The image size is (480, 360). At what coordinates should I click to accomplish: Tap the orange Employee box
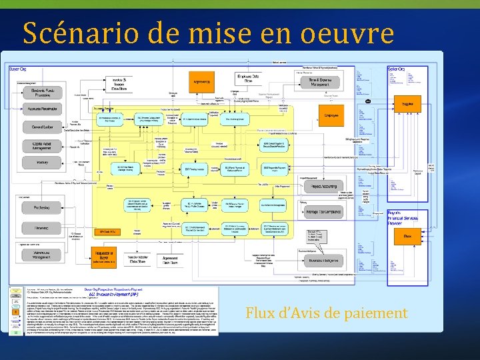(x=331, y=115)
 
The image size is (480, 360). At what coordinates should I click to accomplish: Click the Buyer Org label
(x=17, y=69)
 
